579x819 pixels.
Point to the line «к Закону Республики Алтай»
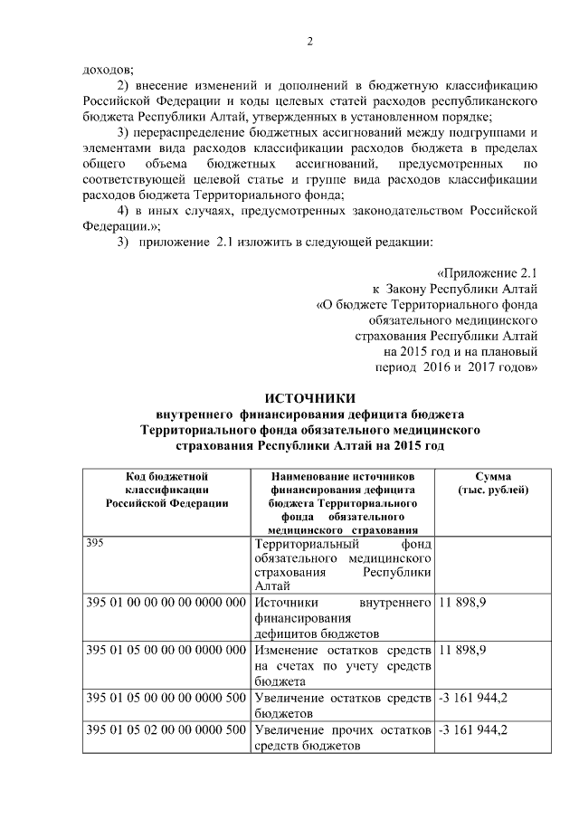coord(462,289)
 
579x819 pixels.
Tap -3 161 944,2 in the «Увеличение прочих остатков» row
coord(472,730)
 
